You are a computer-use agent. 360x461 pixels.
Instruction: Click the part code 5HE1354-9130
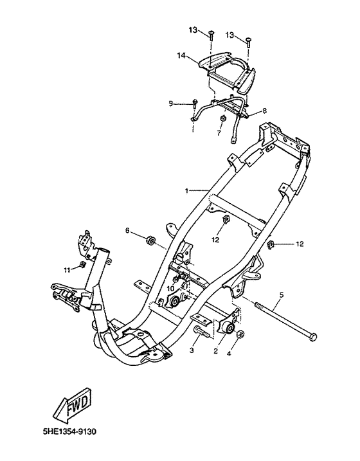click(69, 432)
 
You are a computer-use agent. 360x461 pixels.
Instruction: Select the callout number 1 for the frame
click(186, 191)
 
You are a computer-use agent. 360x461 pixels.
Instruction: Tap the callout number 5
click(282, 294)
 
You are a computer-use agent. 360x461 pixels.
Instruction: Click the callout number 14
click(181, 55)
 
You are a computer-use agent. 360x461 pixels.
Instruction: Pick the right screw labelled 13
click(248, 42)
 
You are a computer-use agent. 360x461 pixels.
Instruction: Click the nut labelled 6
click(150, 240)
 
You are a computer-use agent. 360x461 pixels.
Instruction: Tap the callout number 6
click(127, 231)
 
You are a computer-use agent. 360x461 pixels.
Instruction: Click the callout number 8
click(265, 111)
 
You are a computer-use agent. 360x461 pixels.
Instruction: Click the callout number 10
click(171, 289)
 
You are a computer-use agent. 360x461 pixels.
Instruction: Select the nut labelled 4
click(240, 334)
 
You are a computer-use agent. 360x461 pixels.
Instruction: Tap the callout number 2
click(215, 351)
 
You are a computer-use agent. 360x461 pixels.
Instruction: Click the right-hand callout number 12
click(300, 244)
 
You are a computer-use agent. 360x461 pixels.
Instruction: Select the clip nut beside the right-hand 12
click(271, 244)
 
